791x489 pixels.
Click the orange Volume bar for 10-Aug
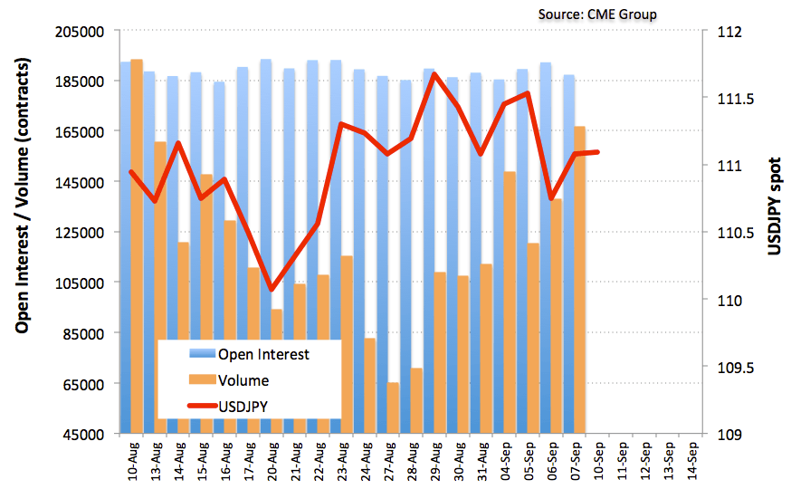click(x=137, y=244)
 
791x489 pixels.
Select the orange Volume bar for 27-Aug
click(x=394, y=407)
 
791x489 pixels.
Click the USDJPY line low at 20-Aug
click(x=272, y=289)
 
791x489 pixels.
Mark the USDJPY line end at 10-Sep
click(x=598, y=152)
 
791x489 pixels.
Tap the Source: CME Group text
click(x=597, y=14)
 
